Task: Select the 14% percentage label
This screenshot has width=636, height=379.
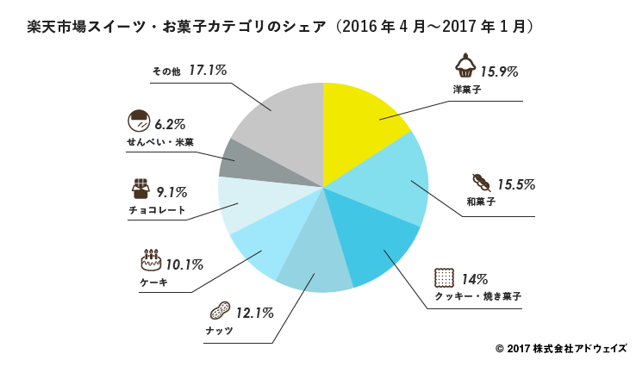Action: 474,278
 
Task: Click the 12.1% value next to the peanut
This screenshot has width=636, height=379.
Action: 255,311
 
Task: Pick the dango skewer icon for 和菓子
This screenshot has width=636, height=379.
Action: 480,183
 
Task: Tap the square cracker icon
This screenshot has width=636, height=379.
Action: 445,277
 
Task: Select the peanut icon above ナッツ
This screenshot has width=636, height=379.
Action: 220,310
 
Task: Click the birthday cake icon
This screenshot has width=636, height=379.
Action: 151,258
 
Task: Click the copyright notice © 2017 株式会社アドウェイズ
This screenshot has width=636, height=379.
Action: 561,349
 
